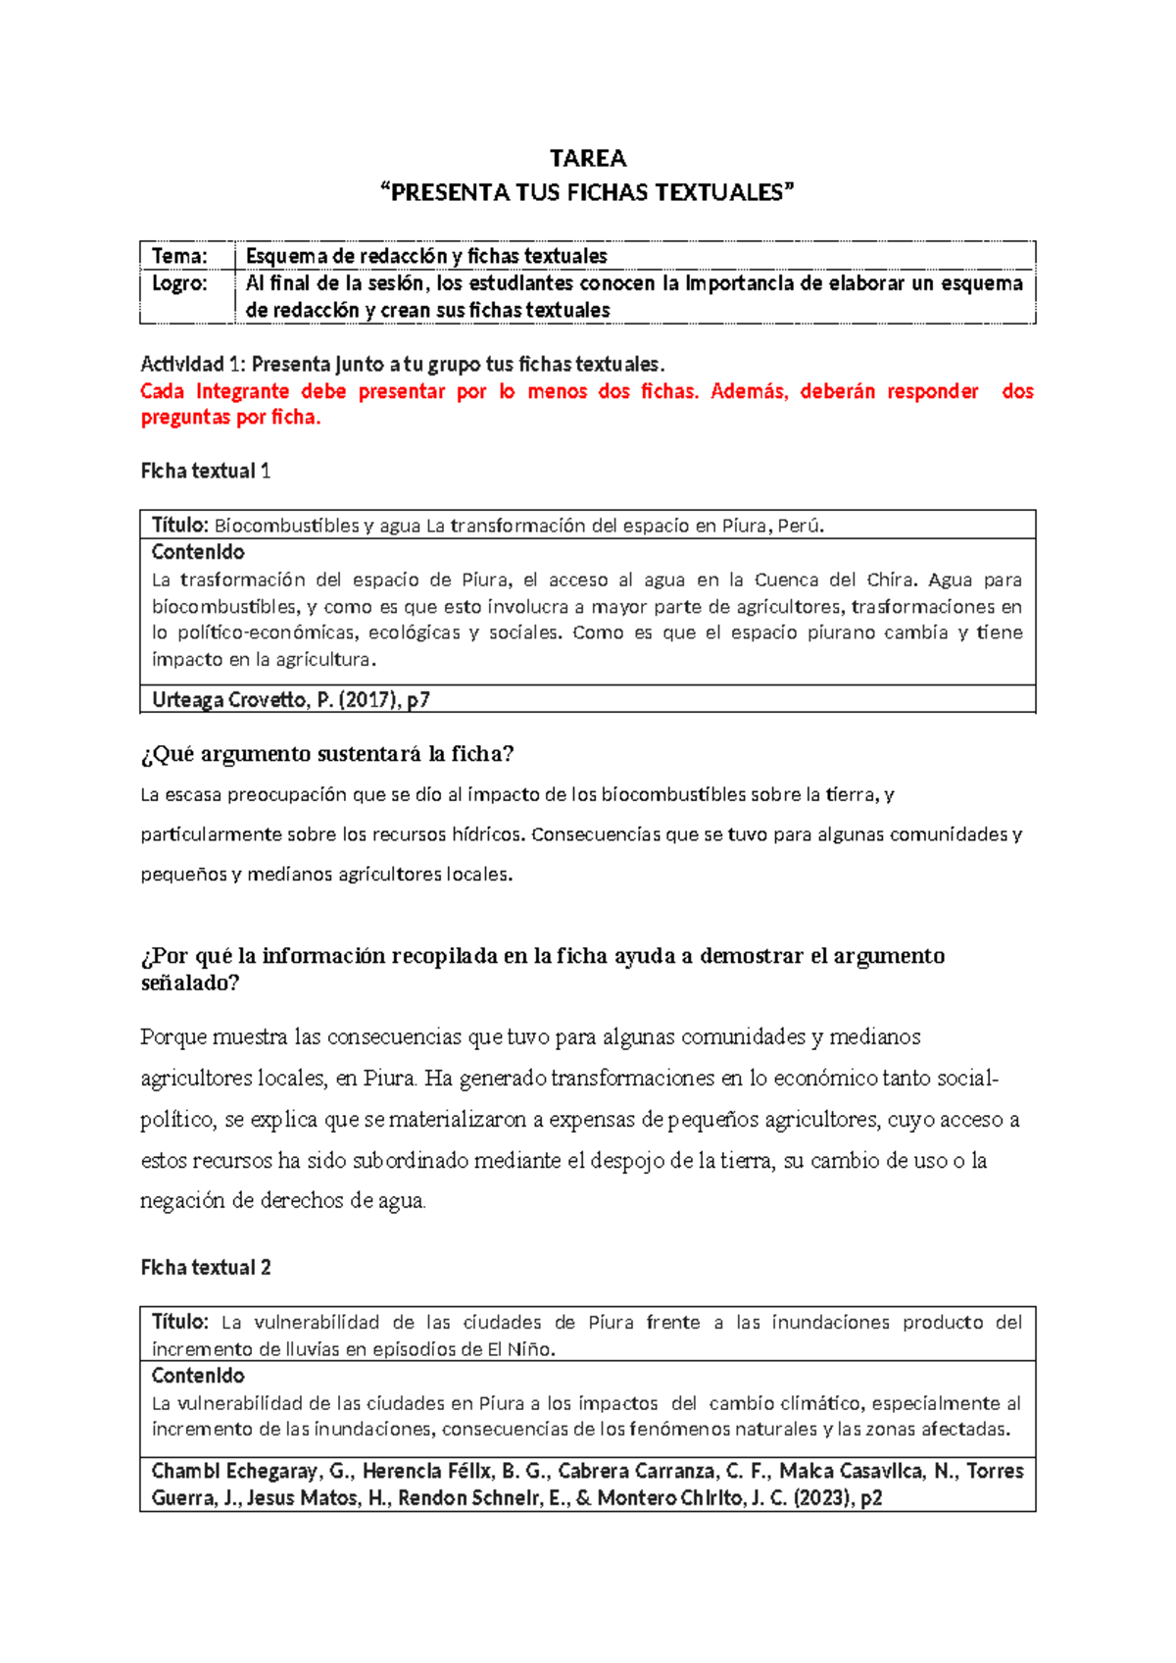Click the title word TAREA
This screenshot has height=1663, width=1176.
[x=587, y=159]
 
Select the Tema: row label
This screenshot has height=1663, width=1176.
[x=179, y=256]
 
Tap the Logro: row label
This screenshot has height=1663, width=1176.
[x=179, y=283]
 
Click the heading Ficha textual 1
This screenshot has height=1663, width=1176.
[x=205, y=472]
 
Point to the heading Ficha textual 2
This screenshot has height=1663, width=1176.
[x=205, y=1268]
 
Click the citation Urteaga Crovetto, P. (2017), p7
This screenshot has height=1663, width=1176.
[x=290, y=700]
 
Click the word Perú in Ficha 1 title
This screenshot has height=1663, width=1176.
[x=801, y=526]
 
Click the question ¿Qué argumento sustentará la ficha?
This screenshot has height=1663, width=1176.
[x=327, y=754]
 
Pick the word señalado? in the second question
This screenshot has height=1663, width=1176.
[x=189, y=983]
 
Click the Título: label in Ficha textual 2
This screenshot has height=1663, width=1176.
[x=180, y=1322]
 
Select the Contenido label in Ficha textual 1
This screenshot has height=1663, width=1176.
[x=198, y=552]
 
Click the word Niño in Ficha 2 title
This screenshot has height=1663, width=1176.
[x=530, y=1349]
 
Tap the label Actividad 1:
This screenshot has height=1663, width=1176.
[x=193, y=365]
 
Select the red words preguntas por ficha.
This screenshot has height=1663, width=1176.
[x=230, y=418]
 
